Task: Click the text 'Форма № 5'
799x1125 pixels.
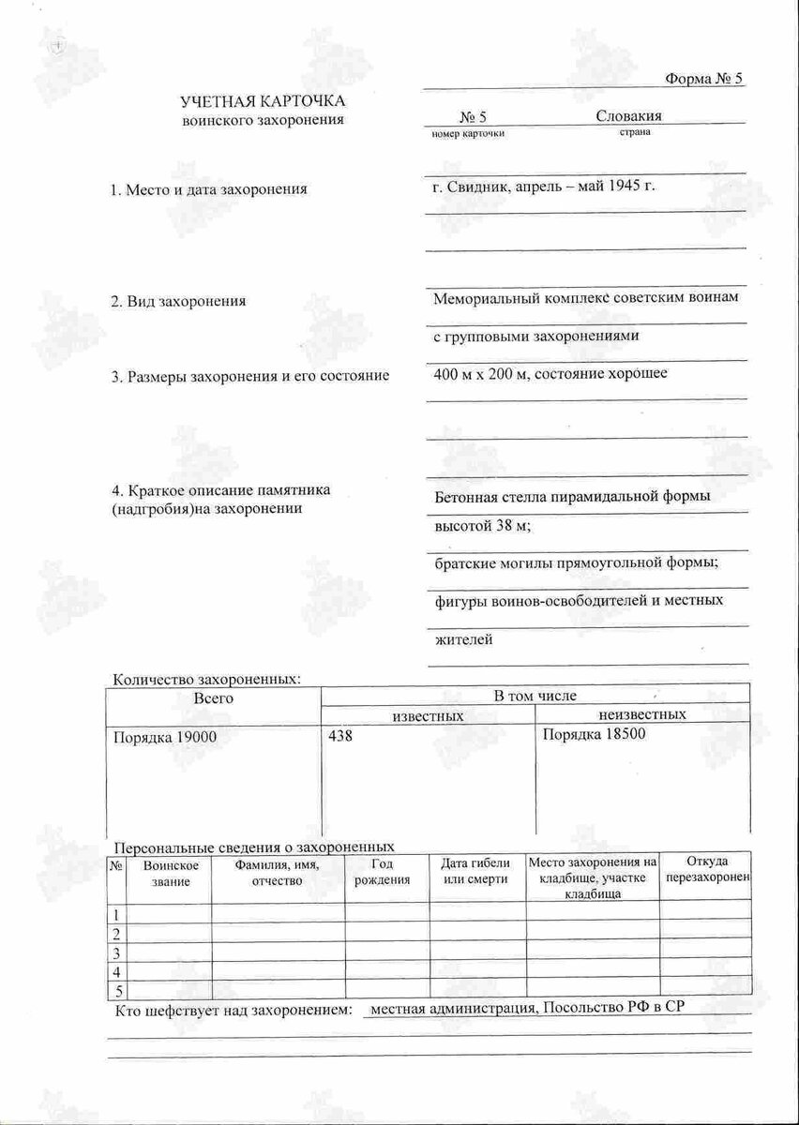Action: (x=703, y=79)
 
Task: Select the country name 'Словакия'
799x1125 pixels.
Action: (x=628, y=116)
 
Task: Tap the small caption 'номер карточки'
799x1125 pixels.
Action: (x=468, y=133)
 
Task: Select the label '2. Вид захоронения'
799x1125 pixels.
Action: (x=178, y=301)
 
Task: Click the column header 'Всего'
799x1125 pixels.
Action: (x=213, y=697)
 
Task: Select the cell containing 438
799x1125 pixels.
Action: (x=340, y=736)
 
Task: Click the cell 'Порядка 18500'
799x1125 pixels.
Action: (x=595, y=733)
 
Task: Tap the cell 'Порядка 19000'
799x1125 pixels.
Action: (x=164, y=737)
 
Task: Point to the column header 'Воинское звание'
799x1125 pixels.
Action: (x=170, y=872)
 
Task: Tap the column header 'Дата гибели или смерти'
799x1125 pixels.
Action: (x=475, y=872)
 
